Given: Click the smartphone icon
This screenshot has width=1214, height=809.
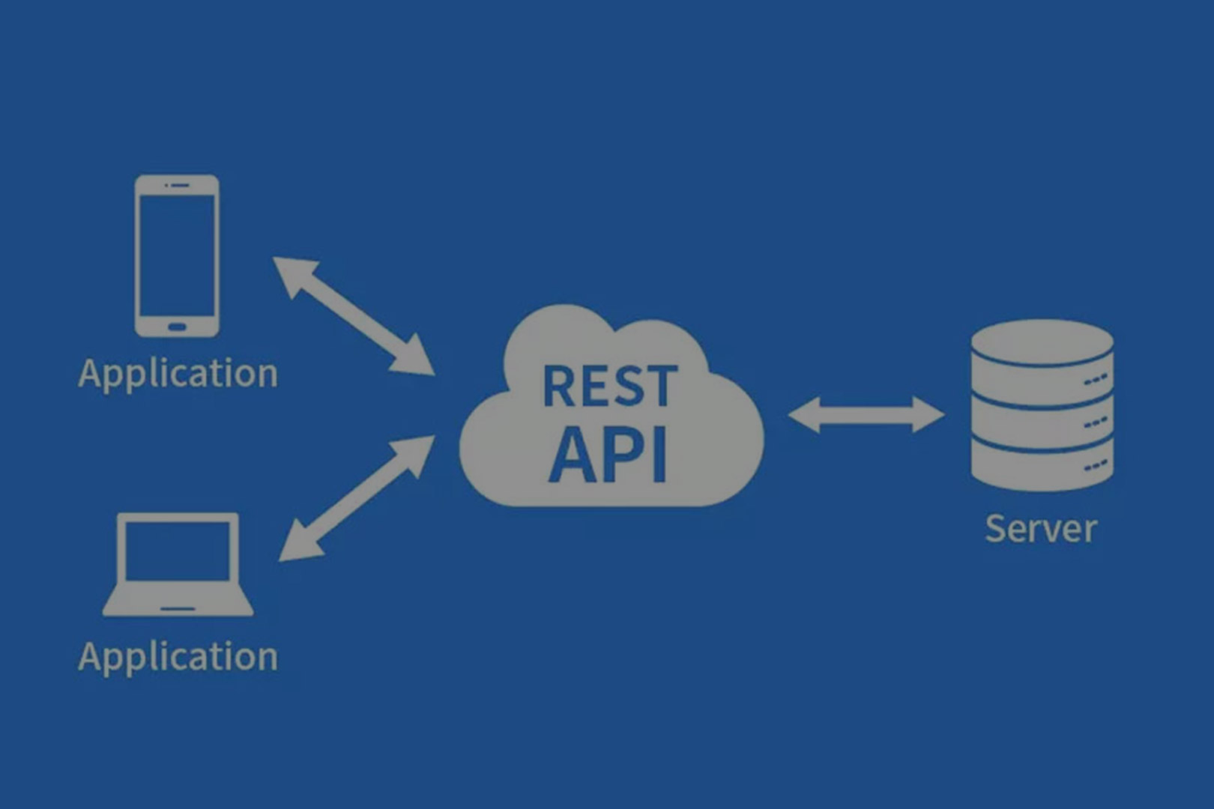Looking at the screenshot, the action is pyautogui.click(x=177, y=255).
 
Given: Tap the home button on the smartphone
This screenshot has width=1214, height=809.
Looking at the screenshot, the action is pyautogui.click(x=177, y=327).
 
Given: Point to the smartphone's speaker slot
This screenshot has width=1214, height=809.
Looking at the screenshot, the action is pyautogui.click(x=180, y=185).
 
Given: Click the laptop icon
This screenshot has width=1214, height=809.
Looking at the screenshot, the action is pyautogui.click(x=178, y=564).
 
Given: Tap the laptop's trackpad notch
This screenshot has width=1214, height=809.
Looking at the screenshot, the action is pyautogui.click(x=178, y=609).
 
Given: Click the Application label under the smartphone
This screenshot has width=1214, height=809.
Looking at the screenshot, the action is pyautogui.click(x=178, y=374).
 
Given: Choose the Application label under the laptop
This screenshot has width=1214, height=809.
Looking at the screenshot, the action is pyautogui.click(x=178, y=657).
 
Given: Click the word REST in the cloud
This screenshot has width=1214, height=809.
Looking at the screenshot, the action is pyautogui.click(x=610, y=386).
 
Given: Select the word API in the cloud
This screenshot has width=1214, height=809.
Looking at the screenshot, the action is pyautogui.click(x=608, y=455).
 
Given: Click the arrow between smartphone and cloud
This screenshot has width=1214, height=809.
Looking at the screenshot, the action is pyautogui.click(x=354, y=316).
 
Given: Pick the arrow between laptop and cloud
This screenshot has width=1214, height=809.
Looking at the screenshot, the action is pyautogui.click(x=357, y=498).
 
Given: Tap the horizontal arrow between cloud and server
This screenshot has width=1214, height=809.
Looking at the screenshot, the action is pyautogui.click(x=866, y=414).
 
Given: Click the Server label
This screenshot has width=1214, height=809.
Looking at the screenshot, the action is pyautogui.click(x=1041, y=529).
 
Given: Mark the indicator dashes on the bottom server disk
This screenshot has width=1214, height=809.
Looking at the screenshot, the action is pyautogui.click(x=1096, y=465).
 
